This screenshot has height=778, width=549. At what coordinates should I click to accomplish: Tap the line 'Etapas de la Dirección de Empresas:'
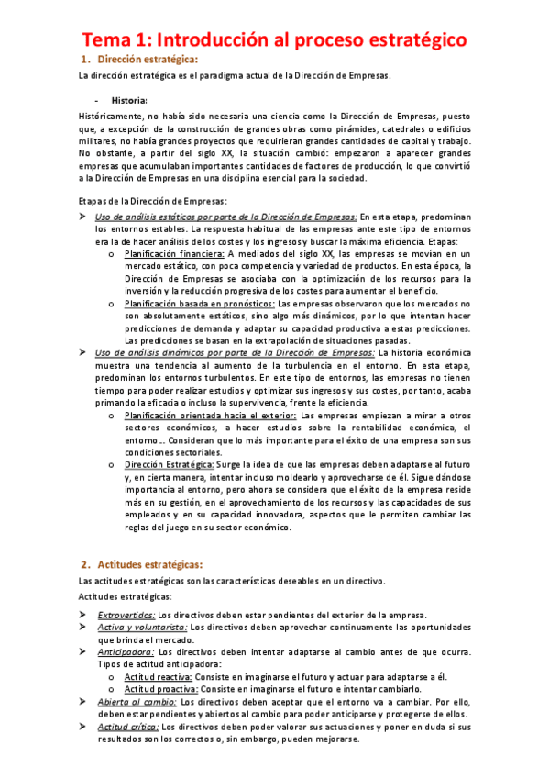pyautogui.click(x=153, y=201)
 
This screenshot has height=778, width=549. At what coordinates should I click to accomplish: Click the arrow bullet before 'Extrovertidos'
pyautogui.click(x=82, y=615)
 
